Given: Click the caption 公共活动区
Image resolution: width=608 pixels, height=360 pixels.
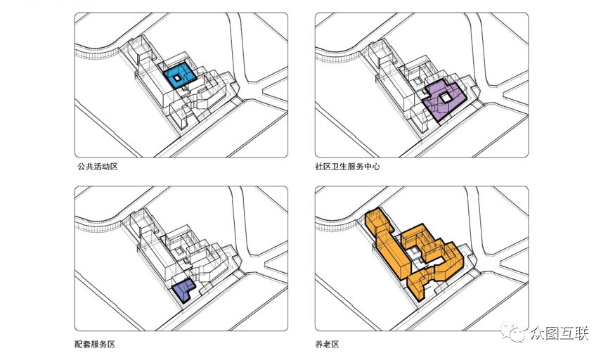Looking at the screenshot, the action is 97,167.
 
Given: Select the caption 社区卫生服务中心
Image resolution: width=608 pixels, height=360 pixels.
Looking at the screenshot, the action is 347,167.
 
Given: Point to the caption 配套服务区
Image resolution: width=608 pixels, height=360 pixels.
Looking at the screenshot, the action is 95,344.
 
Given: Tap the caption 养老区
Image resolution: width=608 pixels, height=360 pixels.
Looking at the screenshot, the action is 328,344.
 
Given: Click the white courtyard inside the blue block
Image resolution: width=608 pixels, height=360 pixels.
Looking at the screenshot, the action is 177,77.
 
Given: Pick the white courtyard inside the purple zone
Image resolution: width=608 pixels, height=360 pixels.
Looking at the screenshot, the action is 446,97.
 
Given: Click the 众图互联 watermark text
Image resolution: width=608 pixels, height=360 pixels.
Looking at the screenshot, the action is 560,333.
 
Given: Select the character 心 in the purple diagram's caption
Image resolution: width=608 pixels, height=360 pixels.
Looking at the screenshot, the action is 376,167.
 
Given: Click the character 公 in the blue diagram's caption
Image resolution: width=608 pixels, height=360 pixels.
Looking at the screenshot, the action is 82,167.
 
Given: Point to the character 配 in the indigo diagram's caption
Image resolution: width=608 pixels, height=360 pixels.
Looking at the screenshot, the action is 79,344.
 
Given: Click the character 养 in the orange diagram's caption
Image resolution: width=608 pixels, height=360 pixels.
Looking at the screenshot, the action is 319,344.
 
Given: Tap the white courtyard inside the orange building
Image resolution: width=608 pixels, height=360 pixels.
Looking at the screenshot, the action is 413,252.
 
